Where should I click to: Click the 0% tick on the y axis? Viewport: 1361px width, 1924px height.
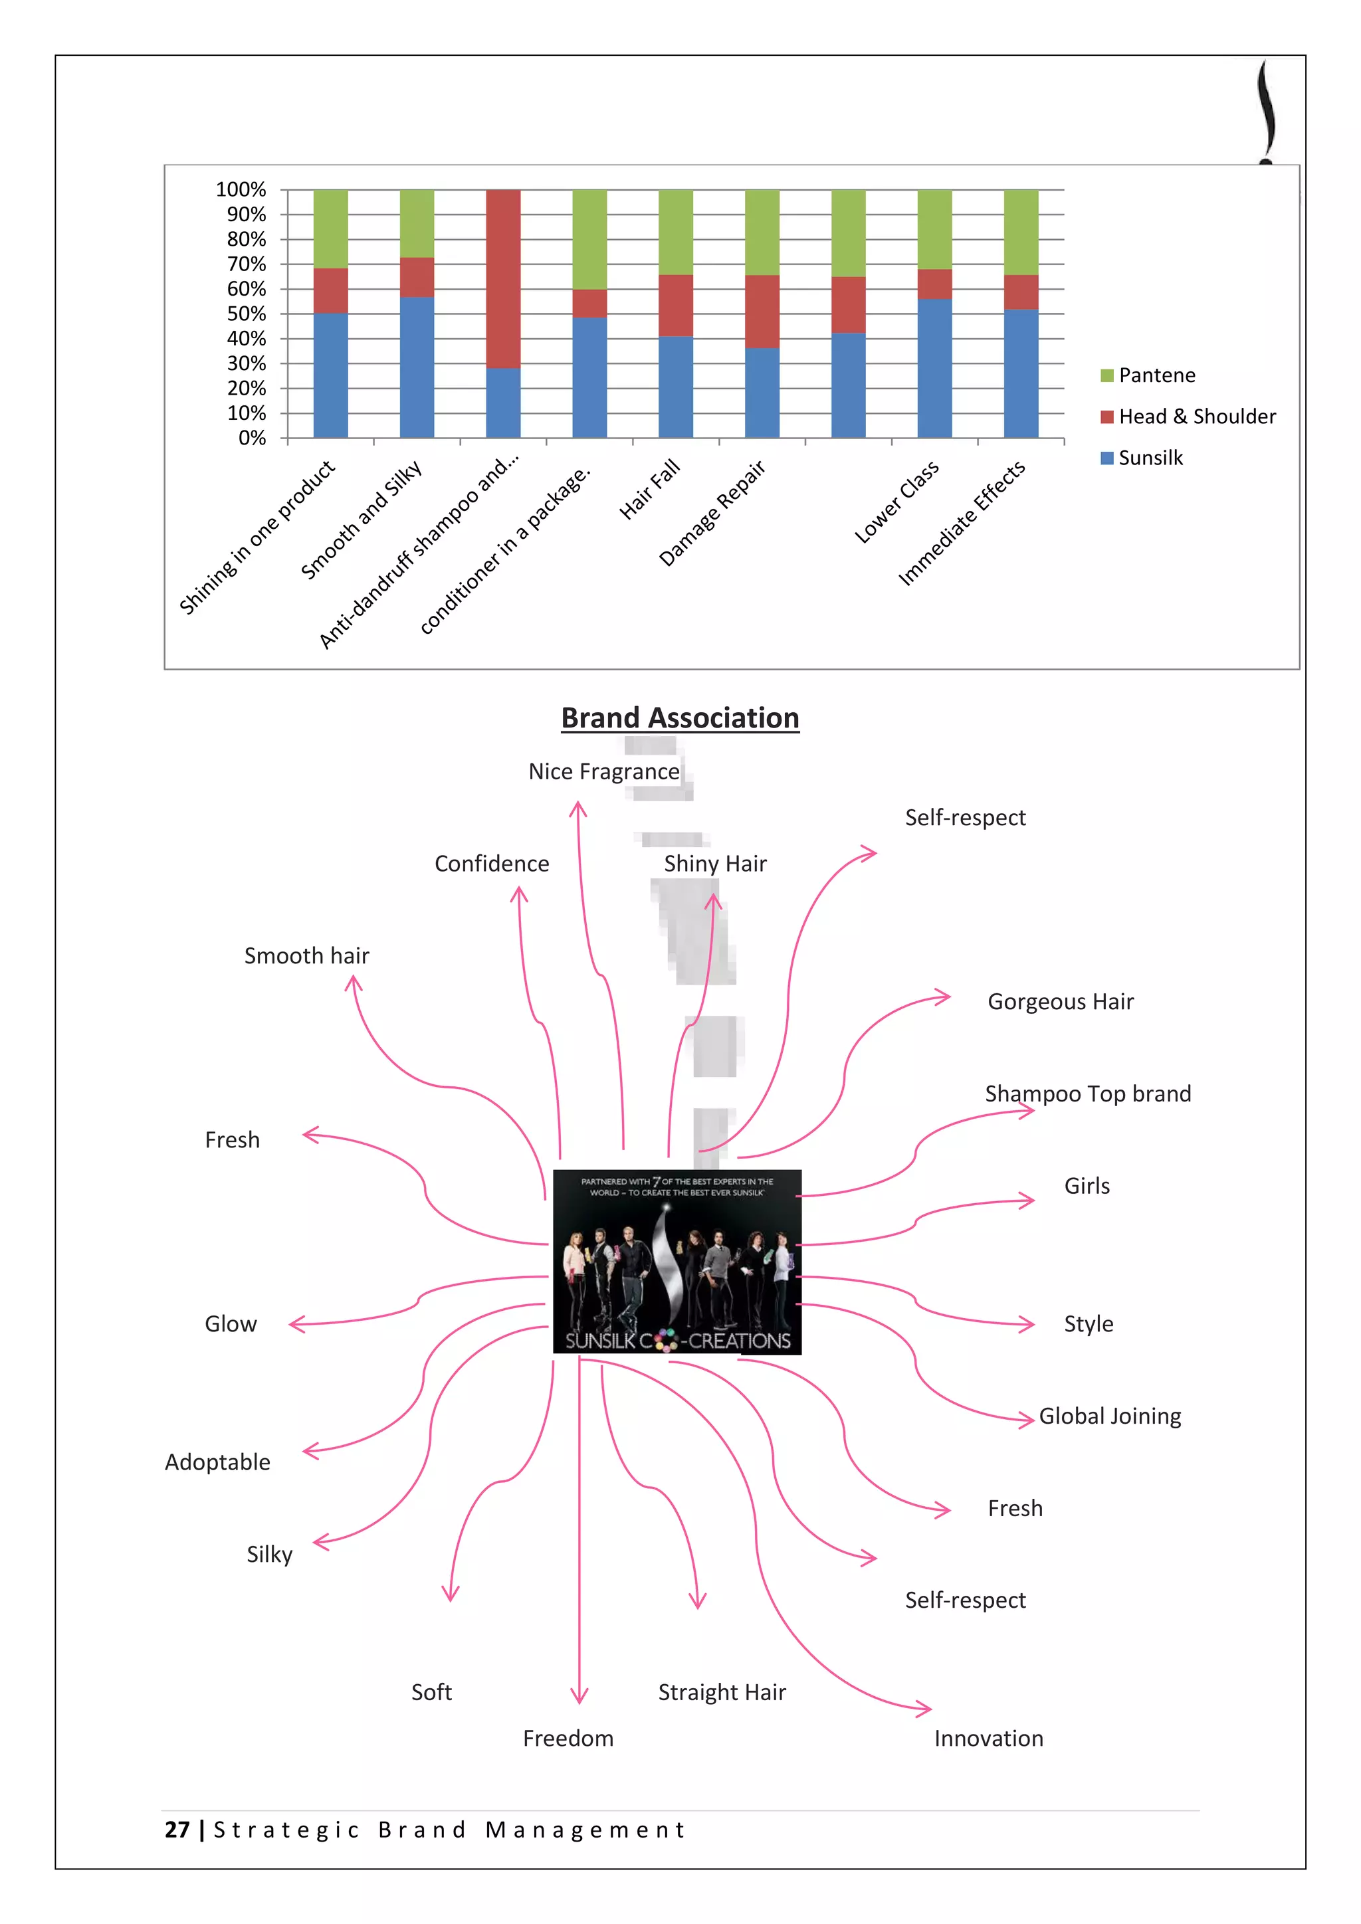pos(251,438)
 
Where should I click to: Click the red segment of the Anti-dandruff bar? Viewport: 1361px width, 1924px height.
pos(503,279)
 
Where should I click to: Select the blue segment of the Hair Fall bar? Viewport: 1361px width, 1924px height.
pos(675,387)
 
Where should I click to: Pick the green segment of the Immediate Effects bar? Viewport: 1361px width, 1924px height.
pos(1021,232)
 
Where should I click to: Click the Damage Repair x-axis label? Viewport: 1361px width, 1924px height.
pos(712,512)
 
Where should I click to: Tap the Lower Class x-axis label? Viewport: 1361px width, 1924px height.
pos(896,501)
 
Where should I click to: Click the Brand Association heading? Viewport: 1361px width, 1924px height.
pos(680,718)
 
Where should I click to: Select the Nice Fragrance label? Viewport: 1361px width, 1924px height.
pos(603,772)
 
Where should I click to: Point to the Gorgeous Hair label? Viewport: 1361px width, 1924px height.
pos(1060,1003)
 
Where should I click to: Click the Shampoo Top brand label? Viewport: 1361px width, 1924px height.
pos(1088,1094)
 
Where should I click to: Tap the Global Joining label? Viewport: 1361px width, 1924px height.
pos(1110,1416)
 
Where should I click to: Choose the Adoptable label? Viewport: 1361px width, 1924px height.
pos(217,1462)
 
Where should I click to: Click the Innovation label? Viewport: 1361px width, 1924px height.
pos(989,1739)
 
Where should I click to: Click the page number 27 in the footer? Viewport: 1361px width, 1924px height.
pos(177,1830)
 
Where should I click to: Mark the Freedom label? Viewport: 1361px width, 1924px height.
pos(568,1739)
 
